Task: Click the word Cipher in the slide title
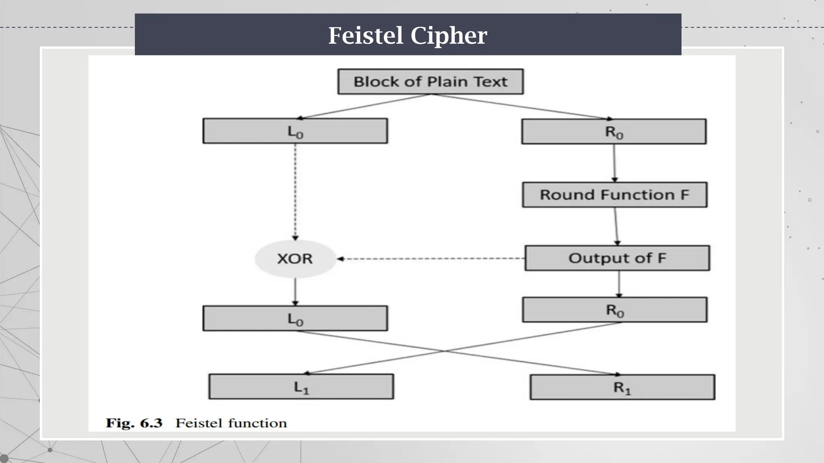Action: (x=449, y=35)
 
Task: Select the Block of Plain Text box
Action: (x=431, y=82)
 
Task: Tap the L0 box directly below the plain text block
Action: (x=295, y=131)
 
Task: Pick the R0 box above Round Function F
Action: (x=614, y=131)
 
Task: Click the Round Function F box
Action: (x=614, y=195)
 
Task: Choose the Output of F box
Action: (x=617, y=258)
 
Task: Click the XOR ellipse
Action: (x=295, y=258)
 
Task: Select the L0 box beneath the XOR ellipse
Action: (x=295, y=318)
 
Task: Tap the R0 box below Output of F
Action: (x=614, y=310)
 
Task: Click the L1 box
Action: (x=301, y=387)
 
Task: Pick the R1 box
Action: (x=622, y=387)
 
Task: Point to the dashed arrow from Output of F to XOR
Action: (x=431, y=259)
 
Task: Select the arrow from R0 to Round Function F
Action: (x=614, y=163)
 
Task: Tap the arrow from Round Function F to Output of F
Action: (x=616, y=226)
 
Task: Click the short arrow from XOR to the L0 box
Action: (x=295, y=292)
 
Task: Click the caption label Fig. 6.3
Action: (x=134, y=423)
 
